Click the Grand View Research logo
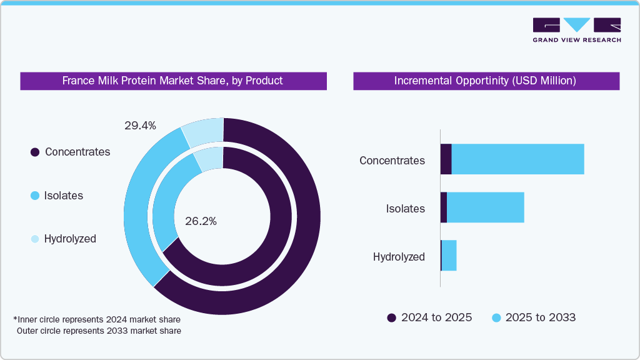click(576, 29)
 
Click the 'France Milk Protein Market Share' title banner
click(172, 81)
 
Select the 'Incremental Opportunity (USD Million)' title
click(485, 81)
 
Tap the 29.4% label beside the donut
click(140, 126)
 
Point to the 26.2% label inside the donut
click(201, 221)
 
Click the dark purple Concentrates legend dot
click(35, 152)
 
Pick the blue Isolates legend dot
click(35, 196)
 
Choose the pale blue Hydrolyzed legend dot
click(35, 239)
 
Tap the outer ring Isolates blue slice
click(141, 206)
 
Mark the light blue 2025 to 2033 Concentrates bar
click(517, 159)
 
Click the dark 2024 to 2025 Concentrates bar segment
click(446, 159)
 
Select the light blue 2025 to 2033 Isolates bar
click(485, 207)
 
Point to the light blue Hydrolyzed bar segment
click(449, 256)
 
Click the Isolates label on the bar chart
click(405, 209)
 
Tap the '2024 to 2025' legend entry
click(430, 317)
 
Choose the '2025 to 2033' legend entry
click(534, 317)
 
